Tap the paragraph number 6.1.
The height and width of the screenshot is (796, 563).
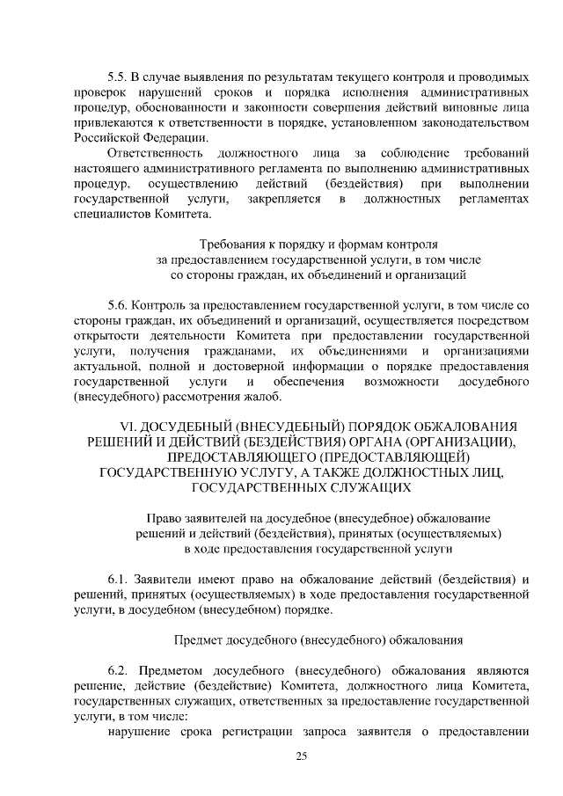pos(119,580)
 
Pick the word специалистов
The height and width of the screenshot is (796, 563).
pos(112,213)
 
